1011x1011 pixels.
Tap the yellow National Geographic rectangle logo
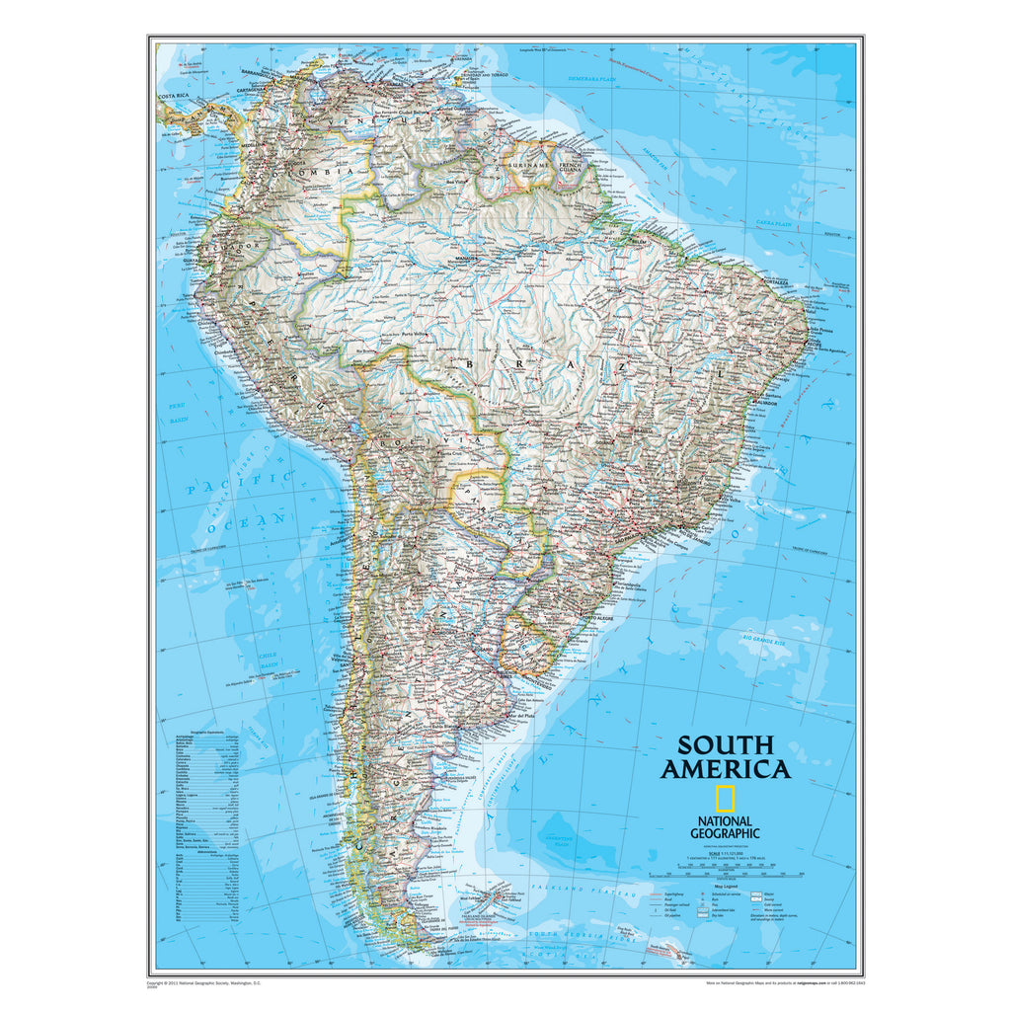725,800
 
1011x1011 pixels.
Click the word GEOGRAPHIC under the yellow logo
725,833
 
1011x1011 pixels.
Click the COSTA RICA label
174,96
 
